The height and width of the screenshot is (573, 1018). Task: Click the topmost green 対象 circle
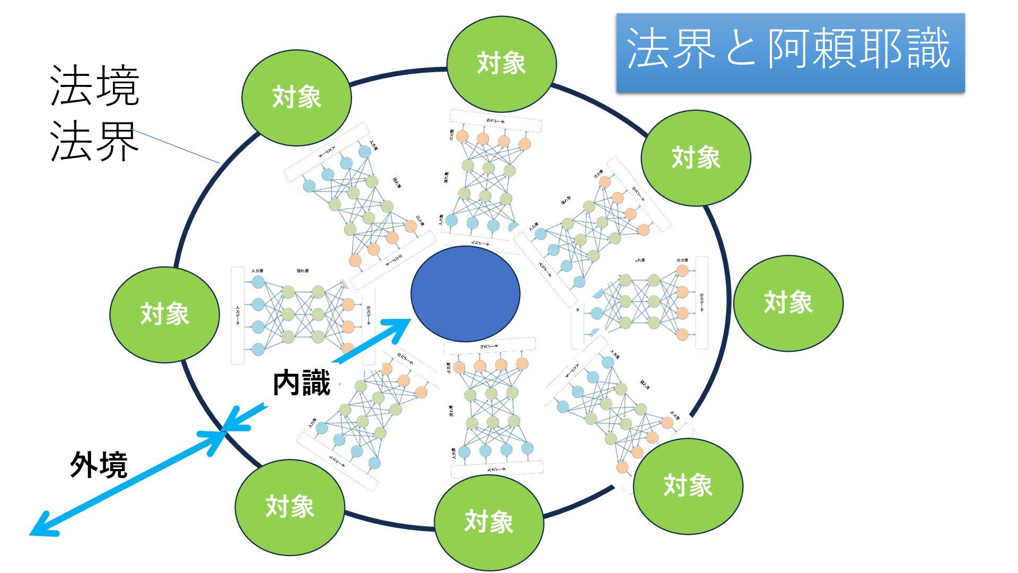coord(501,64)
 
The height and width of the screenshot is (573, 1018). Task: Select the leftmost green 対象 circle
coord(164,314)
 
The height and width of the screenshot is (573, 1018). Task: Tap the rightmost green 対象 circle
coord(788,303)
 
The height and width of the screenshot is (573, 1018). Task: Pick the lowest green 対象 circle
coord(488,522)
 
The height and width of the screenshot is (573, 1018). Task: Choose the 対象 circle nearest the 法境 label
coord(296,98)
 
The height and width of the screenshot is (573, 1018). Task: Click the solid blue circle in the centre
coord(465,293)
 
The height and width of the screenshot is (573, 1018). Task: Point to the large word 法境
coord(94,86)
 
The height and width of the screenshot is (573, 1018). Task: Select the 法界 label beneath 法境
coord(94,142)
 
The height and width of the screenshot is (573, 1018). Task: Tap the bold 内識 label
coord(301,383)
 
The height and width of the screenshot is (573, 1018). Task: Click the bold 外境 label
coord(99,465)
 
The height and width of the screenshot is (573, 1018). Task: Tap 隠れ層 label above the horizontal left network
coord(302,271)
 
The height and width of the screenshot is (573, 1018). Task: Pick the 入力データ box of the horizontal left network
coord(238,316)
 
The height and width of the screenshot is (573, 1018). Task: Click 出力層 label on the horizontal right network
coord(682,260)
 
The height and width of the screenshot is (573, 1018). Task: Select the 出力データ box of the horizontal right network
coord(701,302)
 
